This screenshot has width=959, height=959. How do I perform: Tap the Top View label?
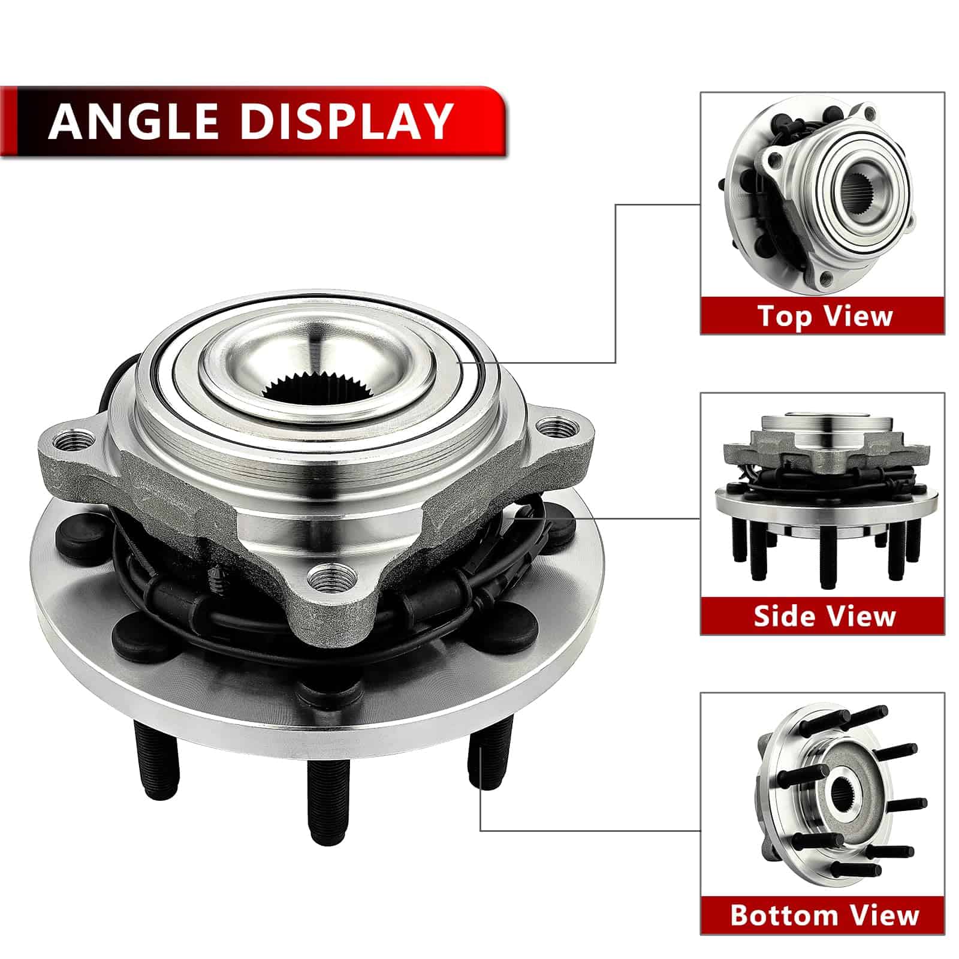825,316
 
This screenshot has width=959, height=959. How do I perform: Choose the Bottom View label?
825,915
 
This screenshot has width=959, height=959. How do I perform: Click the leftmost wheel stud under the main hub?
156,758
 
